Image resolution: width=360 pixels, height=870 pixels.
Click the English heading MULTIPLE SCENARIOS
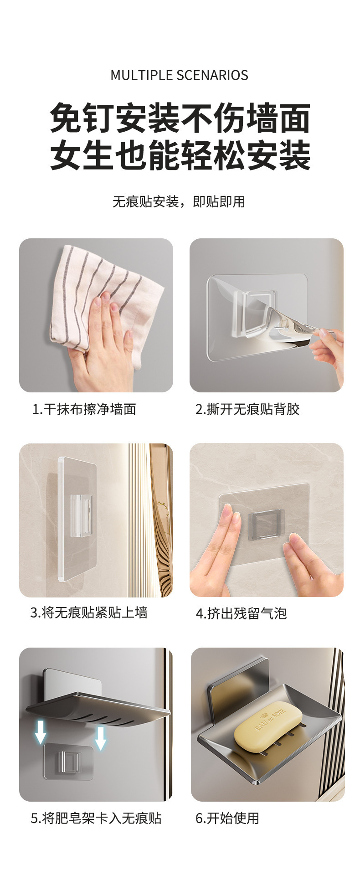(x=179, y=75)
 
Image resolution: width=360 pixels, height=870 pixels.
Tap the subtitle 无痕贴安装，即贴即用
(x=179, y=201)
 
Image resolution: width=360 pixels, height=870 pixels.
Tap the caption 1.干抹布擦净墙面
(x=85, y=409)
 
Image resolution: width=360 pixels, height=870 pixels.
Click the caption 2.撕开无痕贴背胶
(x=247, y=409)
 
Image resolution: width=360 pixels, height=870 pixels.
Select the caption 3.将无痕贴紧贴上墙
(x=89, y=613)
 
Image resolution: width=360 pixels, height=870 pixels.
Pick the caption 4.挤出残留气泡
(x=242, y=613)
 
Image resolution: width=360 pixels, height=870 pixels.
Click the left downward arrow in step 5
(x=41, y=732)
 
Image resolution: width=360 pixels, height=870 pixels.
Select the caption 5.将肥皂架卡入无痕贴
(x=96, y=819)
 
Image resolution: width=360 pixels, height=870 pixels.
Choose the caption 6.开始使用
(x=227, y=819)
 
